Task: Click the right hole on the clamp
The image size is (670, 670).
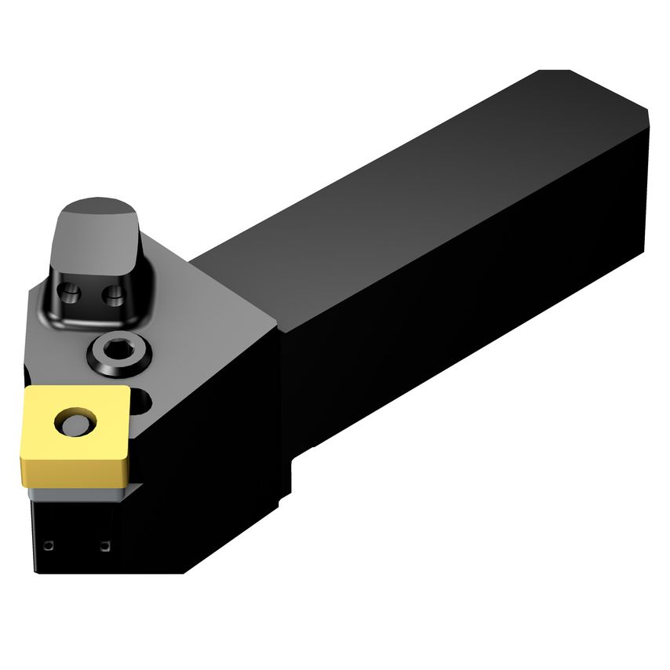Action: click(114, 296)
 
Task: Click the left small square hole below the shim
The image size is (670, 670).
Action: click(49, 545)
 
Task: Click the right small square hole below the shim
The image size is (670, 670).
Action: click(105, 545)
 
